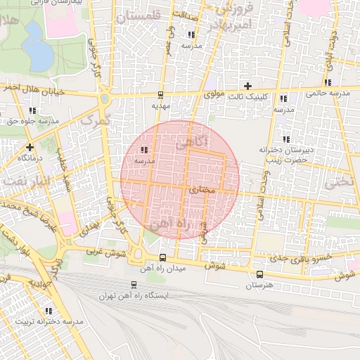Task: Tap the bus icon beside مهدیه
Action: point(161,95)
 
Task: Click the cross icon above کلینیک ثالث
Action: point(247,86)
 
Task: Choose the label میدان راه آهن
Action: point(163,269)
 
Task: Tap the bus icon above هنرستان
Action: point(259,275)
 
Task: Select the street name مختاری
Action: point(202,189)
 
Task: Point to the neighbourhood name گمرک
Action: point(96,120)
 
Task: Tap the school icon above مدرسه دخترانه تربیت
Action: point(49,311)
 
